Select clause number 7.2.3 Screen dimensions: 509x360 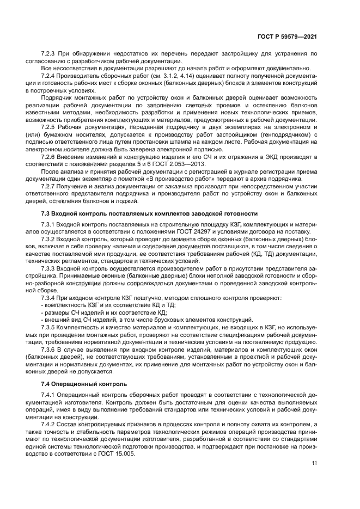[50, 54]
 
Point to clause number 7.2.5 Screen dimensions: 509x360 [50, 126]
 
